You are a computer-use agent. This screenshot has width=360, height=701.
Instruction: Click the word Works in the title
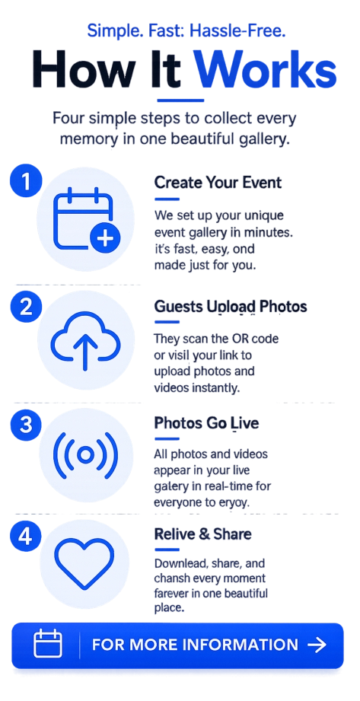tap(266, 70)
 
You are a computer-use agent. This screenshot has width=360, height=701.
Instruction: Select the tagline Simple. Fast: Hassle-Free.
tap(186, 31)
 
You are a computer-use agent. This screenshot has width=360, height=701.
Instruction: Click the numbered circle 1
tap(26, 183)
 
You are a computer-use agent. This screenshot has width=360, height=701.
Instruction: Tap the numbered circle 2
tap(26, 307)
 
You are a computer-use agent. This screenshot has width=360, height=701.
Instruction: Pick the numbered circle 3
tap(26, 425)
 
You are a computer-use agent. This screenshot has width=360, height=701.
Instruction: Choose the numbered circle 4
tap(26, 536)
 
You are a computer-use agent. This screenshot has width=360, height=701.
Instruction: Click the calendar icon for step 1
tap(87, 219)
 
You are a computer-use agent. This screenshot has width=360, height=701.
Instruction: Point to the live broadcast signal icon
tap(85, 454)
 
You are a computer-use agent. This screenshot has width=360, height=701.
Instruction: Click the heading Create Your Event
tap(218, 183)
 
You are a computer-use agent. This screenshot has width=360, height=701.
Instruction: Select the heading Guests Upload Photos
tap(231, 307)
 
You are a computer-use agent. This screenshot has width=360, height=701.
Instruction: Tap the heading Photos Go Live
tap(206, 423)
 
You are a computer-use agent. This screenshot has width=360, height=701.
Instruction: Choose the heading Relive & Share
tap(202, 534)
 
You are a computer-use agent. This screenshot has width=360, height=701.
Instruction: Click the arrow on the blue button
tap(317, 645)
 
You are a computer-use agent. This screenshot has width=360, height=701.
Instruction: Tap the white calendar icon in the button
tap(48, 643)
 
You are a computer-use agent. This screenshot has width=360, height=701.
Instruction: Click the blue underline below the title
tap(180, 100)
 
